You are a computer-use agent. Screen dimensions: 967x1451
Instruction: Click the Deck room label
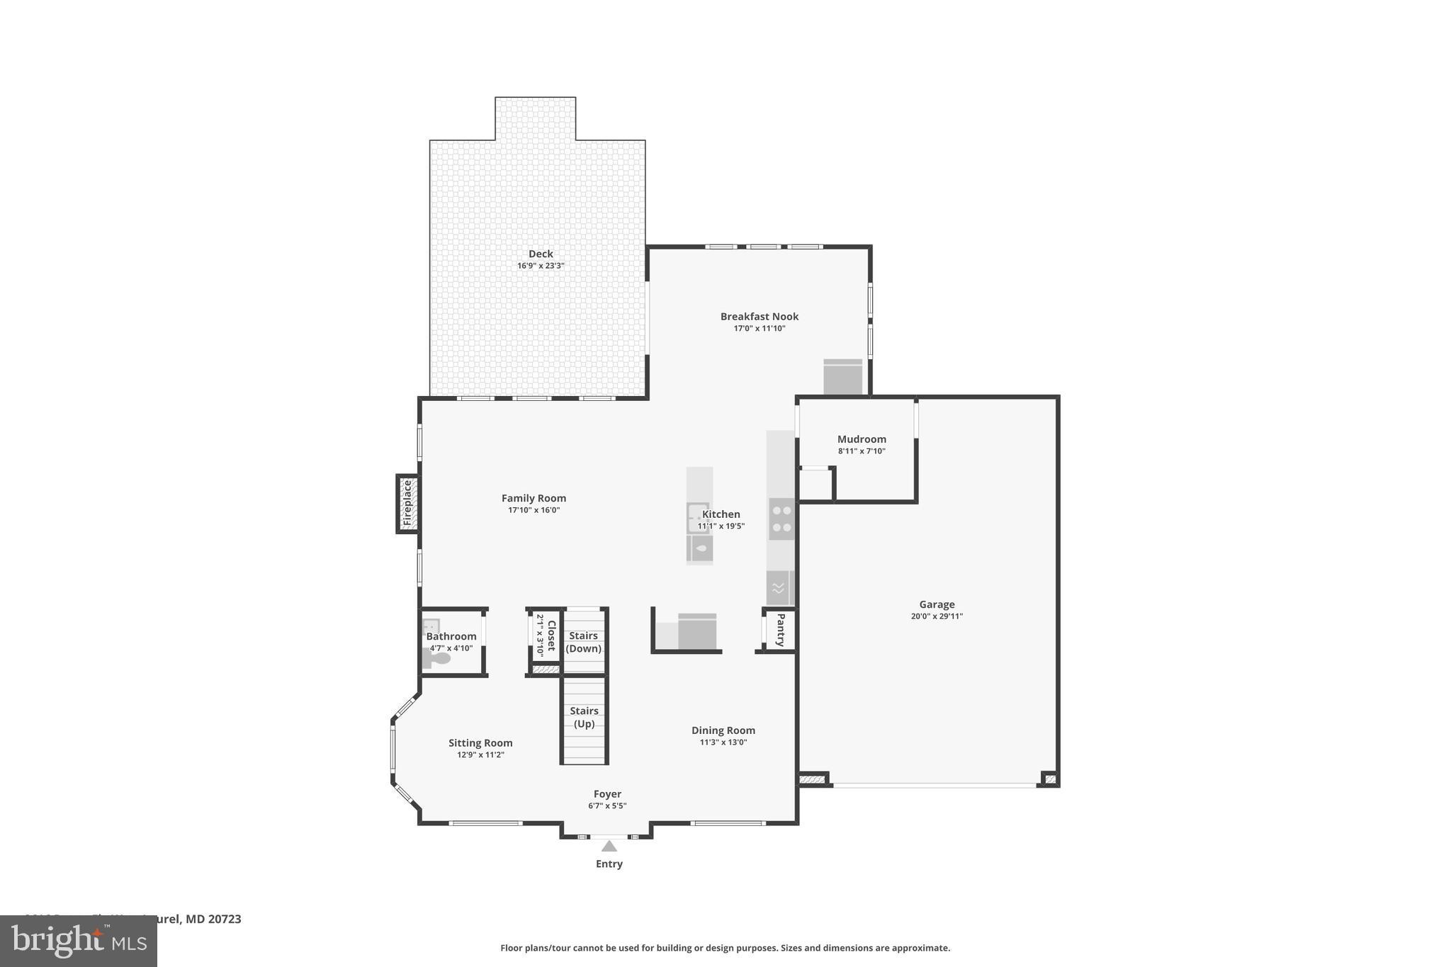[x=541, y=254]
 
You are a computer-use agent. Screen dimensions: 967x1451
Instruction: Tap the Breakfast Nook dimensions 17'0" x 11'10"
[x=759, y=329]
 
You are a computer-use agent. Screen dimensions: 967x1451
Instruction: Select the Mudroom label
[x=862, y=439]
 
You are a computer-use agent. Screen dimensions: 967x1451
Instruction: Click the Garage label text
[x=937, y=604]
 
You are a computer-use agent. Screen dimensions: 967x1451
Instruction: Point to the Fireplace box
[x=407, y=503]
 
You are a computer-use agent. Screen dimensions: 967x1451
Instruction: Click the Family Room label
[x=533, y=498]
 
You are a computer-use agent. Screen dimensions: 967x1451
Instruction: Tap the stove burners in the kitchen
[x=781, y=519]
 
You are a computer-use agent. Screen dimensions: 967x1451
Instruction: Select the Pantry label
[x=781, y=629]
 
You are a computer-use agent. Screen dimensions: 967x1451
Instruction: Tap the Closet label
[x=551, y=635]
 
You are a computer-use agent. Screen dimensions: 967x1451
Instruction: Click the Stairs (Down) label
[x=584, y=642]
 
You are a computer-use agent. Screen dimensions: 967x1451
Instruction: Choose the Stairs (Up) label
[x=584, y=717]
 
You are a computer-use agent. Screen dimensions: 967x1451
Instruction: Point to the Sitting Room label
[x=480, y=743]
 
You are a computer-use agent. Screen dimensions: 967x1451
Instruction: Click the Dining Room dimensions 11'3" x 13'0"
[x=723, y=742]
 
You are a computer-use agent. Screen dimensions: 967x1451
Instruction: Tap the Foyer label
[x=607, y=794]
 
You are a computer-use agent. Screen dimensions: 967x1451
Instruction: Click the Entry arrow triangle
[x=609, y=846]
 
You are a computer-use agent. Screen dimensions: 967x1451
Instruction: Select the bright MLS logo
[x=78, y=941]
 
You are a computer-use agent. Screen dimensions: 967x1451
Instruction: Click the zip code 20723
[x=224, y=919]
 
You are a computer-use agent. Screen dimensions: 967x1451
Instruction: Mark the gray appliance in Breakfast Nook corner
[x=842, y=377]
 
